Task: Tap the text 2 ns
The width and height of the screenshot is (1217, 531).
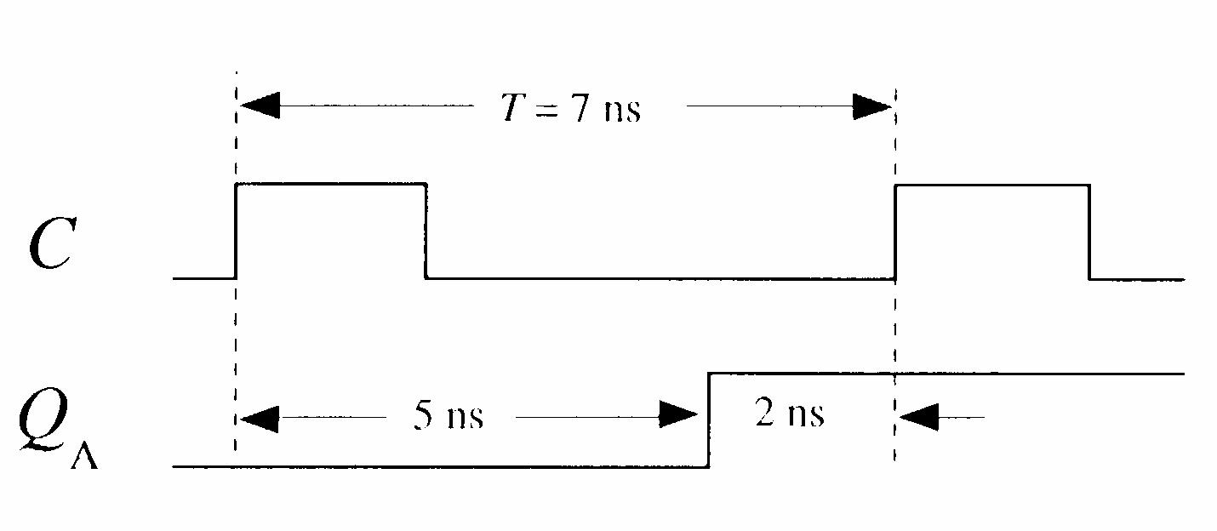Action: (x=789, y=414)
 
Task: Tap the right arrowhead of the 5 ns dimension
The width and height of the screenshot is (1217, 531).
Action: (x=681, y=416)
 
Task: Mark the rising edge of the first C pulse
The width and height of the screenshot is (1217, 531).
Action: (x=237, y=230)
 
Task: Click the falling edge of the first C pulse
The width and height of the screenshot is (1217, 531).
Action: (x=426, y=230)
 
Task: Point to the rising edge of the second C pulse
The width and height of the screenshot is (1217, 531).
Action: (x=895, y=230)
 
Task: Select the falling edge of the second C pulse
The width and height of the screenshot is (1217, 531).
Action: (x=1089, y=230)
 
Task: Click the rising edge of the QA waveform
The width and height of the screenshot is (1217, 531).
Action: (x=709, y=419)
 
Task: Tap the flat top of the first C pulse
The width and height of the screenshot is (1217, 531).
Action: (x=330, y=183)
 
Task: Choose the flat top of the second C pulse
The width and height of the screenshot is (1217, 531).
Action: (x=992, y=184)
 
